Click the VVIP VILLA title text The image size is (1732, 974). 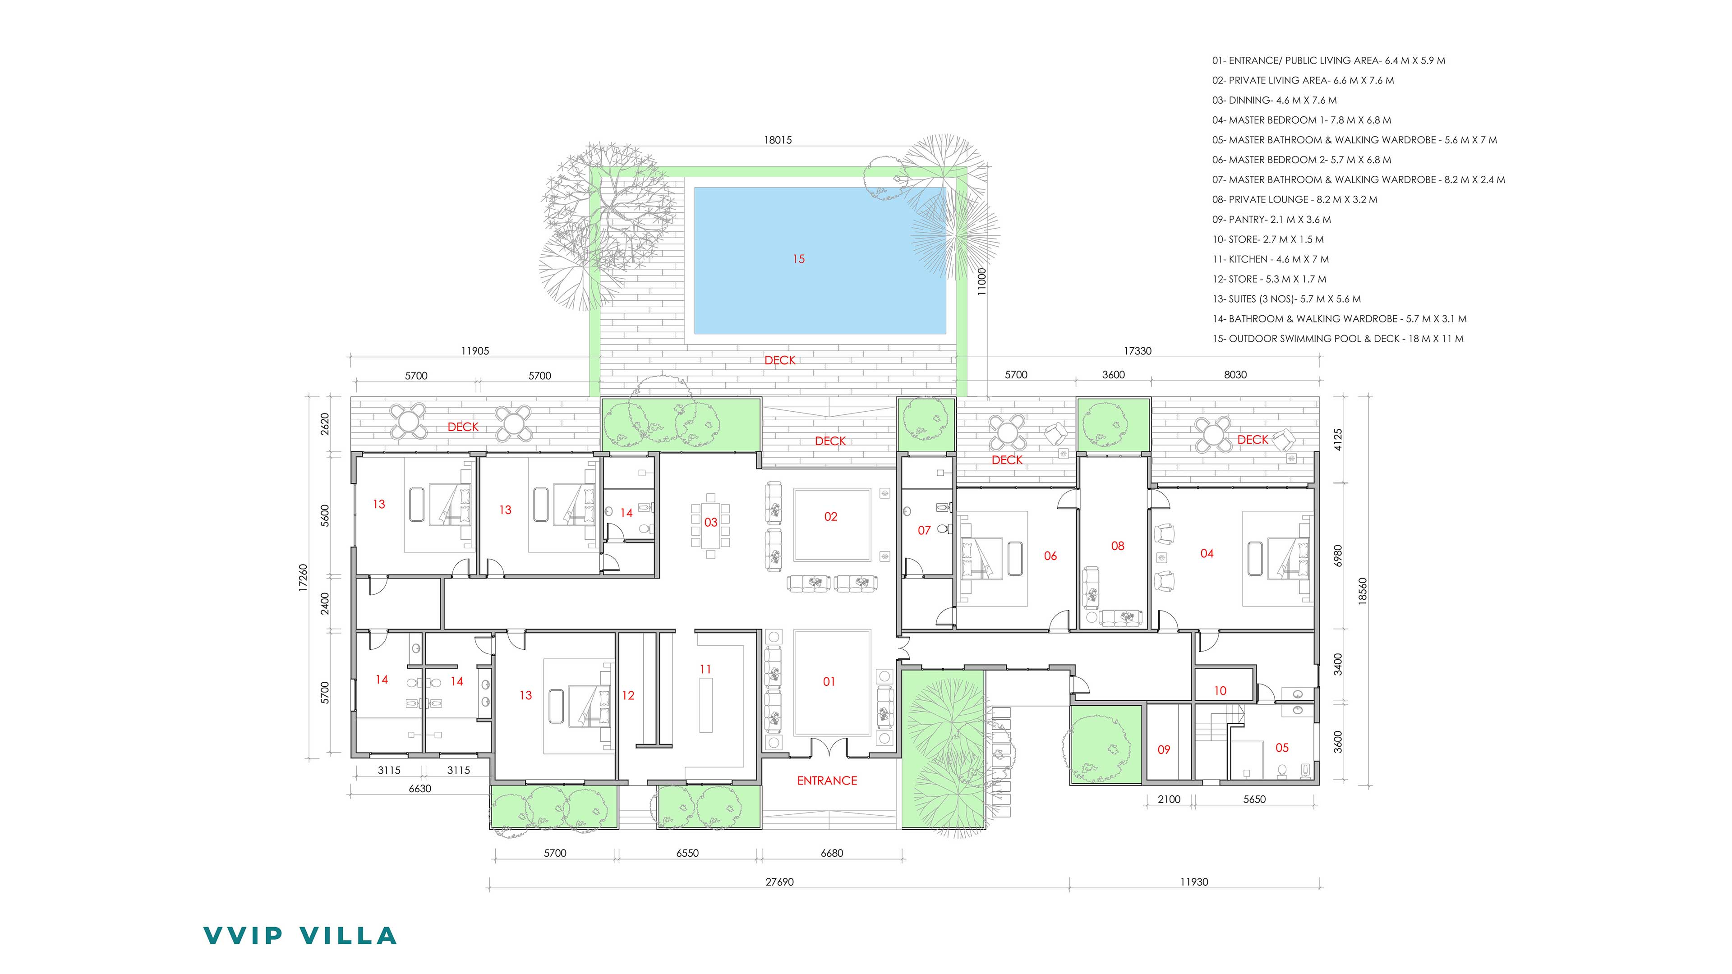[x=300, y=936]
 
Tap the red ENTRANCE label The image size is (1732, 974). [x=827, y=781]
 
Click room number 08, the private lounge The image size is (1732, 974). [x=1118, y=546]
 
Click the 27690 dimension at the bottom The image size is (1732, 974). [x=779, y=882]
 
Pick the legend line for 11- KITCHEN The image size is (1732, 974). [x=1271, y=259]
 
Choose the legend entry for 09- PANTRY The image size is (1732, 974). [x=1271, y=219]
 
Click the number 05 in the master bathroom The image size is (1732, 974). [x=1282, y=748]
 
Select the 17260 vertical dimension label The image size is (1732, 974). [x=303, y=577]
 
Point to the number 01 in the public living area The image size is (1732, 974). [x=829, y=682]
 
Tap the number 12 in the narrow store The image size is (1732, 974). [x=628, y=695]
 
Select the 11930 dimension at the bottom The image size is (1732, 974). [x=1194, y=882]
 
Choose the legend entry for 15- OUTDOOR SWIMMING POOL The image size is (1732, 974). [x=1338, y=339]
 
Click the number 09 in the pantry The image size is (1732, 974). [x=1164, y=749]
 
